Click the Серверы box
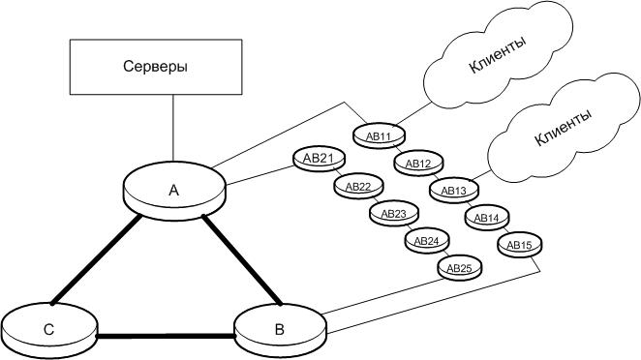156,67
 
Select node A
174,191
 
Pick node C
49,330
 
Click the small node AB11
379,136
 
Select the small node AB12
418,164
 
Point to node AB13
454,191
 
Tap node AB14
487,218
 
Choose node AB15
520,245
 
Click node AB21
319,159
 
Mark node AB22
358,187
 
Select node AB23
394,213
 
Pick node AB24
427,241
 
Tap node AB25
460,268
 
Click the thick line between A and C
96,260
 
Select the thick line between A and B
242,260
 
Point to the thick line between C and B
166,337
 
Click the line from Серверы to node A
173,128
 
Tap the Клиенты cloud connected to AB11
498,55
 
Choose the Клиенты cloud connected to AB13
565,127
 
